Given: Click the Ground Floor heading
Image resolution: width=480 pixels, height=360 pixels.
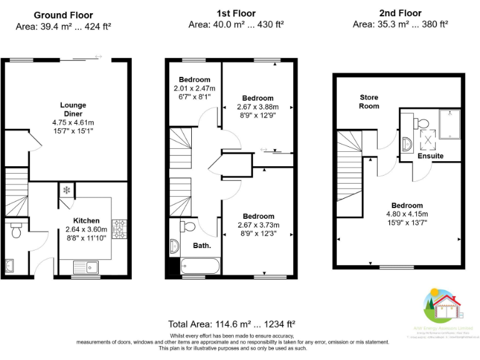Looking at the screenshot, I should (x=63, y=15).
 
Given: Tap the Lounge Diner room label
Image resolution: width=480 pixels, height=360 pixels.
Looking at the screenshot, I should (x=73, y=109).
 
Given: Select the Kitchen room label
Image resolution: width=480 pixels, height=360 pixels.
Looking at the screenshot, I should (x=86, y=221).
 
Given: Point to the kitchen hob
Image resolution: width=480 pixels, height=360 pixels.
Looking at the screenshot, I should (x=118, y=229).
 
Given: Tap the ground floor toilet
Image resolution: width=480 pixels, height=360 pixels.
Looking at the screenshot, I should (x=16, y=232).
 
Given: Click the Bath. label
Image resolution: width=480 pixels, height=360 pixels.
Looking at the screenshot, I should (x=201, y=246).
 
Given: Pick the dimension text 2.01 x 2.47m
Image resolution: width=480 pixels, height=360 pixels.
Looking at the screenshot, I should (x=194, y=89).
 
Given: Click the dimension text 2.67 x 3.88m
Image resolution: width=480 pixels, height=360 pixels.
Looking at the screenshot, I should (x=257, y=107).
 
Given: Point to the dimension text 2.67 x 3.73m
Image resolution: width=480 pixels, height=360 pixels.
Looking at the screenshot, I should (x=258, y=225).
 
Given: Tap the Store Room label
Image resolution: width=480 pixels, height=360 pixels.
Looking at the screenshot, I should (x=369, y=102).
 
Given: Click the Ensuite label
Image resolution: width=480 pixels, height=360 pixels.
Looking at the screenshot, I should (x=431, y=156).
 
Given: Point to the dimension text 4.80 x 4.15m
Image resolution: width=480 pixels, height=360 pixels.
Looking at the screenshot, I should (x=407, y=214).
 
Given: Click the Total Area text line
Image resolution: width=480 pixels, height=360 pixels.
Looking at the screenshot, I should (x=231, y=324).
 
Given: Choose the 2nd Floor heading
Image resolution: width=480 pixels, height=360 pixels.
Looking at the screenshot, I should (x=400, y=13).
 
